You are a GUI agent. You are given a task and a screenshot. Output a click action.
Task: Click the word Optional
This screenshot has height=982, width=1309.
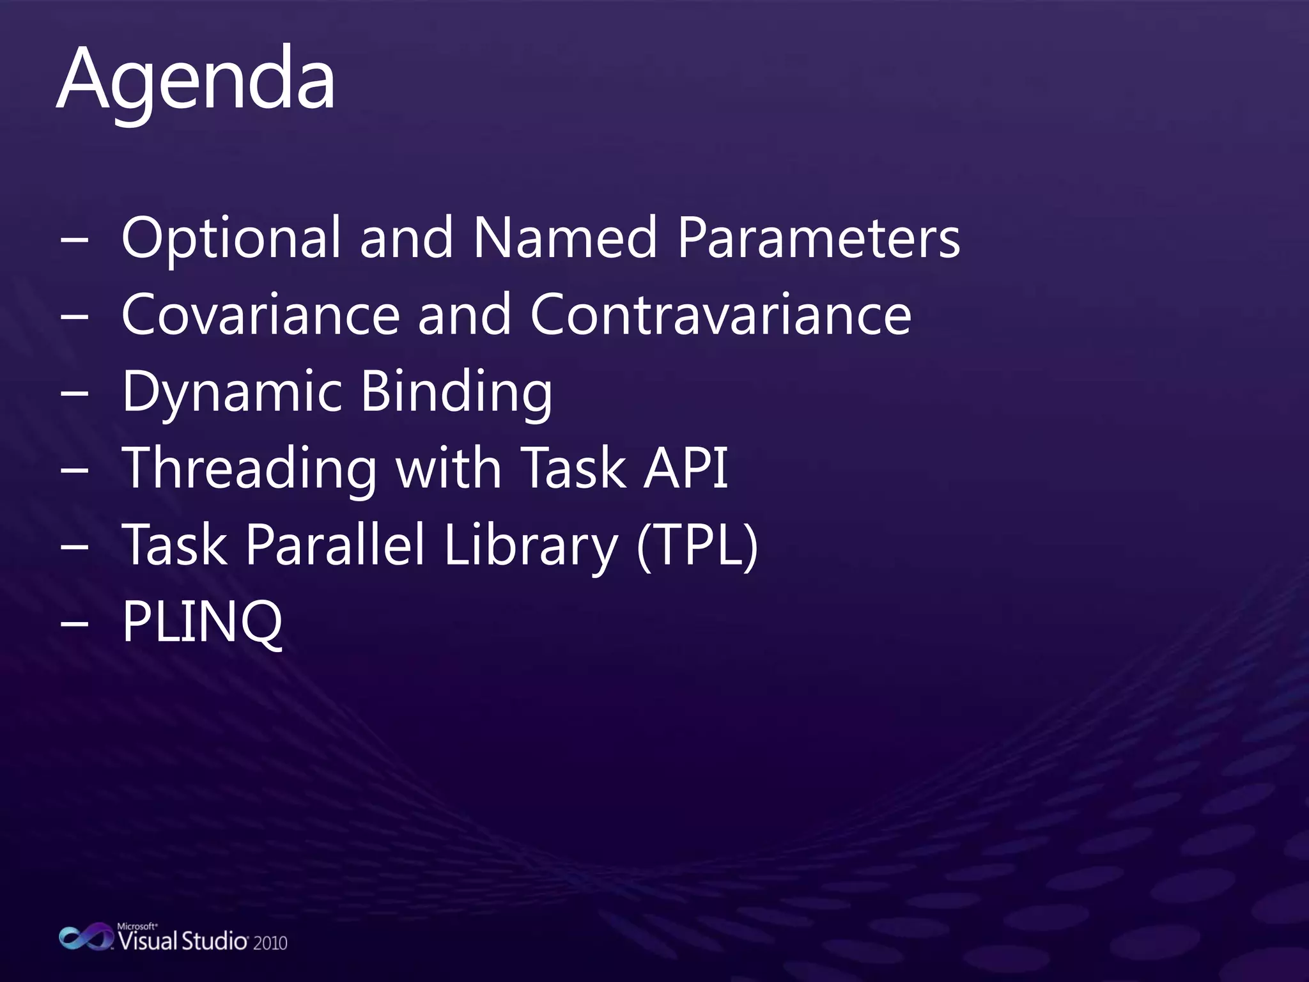pyautogui.click(x=231, y=238)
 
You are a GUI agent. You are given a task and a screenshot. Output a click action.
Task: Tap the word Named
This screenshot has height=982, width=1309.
pyautogui.click(x=565, y=238)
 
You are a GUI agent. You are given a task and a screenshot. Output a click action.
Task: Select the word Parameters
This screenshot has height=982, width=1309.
pyautogui.click(x=818, y=238)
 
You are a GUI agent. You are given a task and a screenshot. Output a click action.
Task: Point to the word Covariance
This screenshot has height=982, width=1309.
pyautogui.click(x=260, y=315)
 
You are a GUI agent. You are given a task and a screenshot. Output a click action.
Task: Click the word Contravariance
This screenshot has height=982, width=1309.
pyautogui.click(x=720, y=315)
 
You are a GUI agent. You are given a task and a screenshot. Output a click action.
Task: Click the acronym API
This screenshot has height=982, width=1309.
pyautogui.click(x=686, y=468)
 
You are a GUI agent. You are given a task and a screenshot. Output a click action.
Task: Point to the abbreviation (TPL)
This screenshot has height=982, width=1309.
pyautogui.click(x=697, y=545)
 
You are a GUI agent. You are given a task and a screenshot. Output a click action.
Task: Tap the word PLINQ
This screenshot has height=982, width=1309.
pyautogui.click(x=202, y=622)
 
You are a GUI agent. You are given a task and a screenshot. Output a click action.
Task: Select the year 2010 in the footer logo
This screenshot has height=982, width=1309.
pyautogui.click(x=270, y=943)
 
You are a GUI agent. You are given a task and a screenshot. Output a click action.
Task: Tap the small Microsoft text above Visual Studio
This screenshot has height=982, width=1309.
pyautogui.click(x=137, y=926)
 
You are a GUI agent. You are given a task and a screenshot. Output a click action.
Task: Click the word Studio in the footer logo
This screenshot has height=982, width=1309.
pyautogui.click(x=213, y=941)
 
